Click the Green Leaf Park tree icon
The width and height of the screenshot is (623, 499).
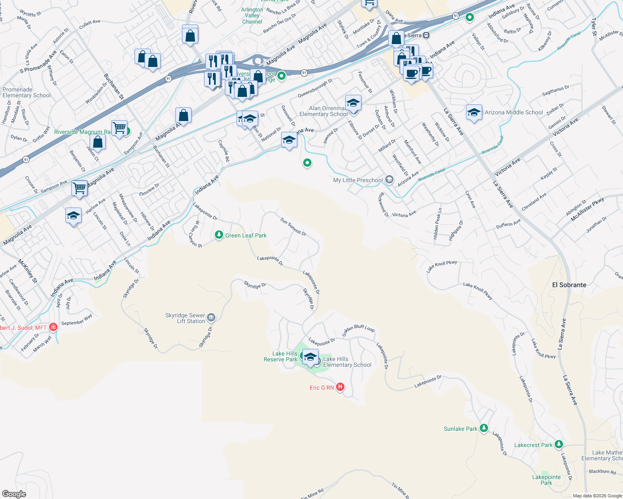coord(219,235)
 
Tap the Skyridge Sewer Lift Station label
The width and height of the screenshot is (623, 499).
coord(185,318)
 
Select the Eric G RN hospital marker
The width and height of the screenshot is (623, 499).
coord(340,387)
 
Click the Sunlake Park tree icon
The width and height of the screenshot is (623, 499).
coord(483,428)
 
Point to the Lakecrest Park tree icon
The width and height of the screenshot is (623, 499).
coord(559,445)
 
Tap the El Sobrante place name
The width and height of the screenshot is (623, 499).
coord(569,285)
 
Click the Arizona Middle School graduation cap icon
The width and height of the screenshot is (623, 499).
coord(474,112)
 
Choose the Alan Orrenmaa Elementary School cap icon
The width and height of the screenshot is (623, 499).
coord(353,102)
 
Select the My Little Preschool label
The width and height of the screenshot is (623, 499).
coord(358,180)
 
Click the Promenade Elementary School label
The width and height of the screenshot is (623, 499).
coord(27,92)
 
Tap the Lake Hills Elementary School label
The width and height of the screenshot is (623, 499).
coord(347,362)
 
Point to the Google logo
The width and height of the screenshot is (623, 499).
coord(14,494)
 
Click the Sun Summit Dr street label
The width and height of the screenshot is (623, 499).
coord(293,227)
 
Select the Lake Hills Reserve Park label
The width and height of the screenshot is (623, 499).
coord(280,356)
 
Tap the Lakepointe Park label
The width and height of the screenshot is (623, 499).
coord(546,480)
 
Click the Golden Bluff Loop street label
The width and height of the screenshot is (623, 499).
coord(359,328)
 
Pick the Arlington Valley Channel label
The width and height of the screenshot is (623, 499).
coord(252,16)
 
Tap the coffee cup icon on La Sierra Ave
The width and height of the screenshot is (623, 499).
coord(411,74)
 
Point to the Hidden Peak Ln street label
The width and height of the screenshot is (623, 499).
coord(437,223)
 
